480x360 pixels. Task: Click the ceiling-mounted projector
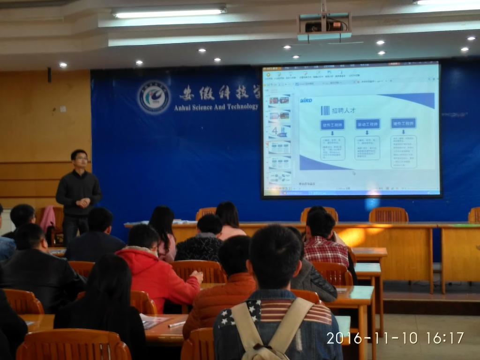pos(324,27)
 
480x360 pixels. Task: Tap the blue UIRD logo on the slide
pos(307,100)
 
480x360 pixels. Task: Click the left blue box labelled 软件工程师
pos(332,125)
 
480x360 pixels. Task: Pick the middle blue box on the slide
pos(367,124)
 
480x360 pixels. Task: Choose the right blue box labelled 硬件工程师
pos(403,123)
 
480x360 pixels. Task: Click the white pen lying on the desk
pos(177,324)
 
